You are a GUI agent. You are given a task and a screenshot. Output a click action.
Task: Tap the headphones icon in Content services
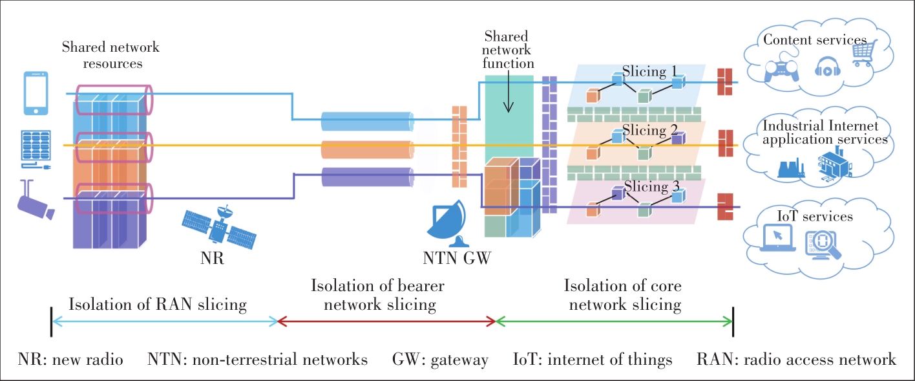tap(825, 68)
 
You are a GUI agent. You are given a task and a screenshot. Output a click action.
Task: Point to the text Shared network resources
tap(110, 56)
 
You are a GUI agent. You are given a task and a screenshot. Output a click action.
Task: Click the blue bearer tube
tap(366, 122)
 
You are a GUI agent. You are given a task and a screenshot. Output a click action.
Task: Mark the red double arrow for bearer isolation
tap(386, 321)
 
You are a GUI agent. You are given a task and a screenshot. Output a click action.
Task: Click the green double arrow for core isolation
tap(615, 321)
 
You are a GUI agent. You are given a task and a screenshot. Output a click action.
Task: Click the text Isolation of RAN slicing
tap(158, 303)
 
